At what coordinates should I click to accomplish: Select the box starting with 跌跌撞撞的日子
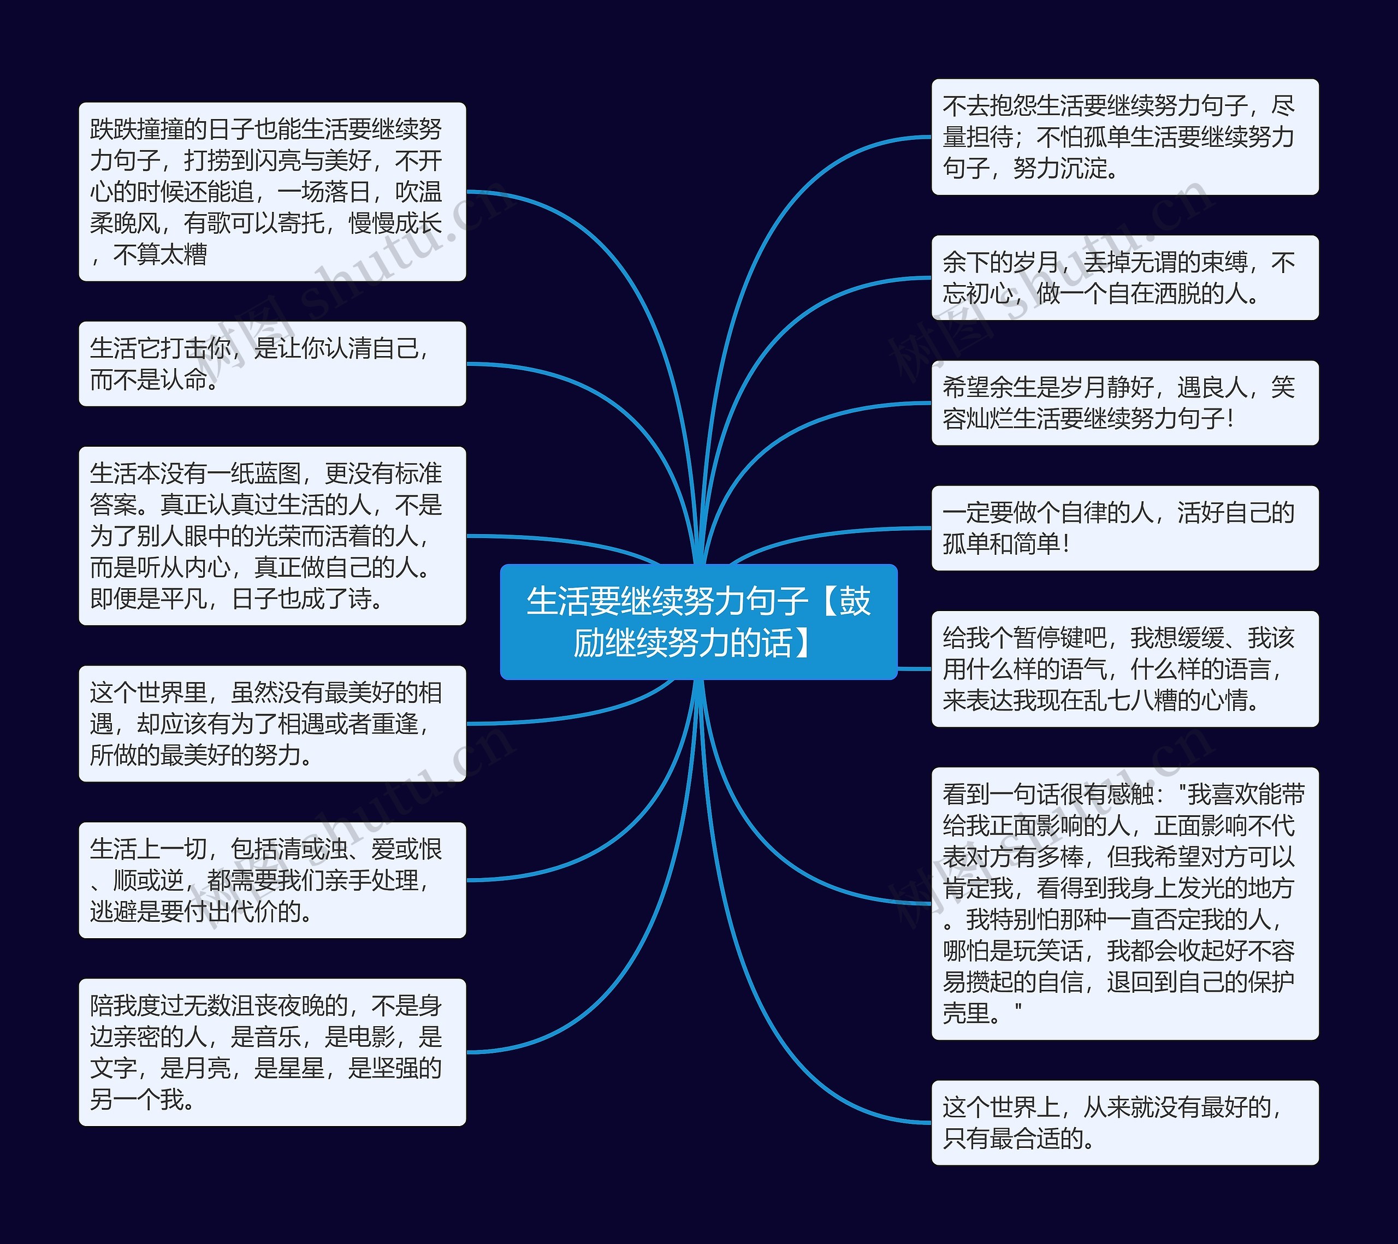272,192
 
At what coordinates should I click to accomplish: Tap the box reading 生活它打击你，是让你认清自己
272,364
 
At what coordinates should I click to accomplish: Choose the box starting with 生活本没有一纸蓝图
272,536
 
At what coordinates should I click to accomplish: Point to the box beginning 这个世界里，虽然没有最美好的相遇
272,724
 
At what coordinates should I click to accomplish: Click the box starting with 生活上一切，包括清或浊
272,880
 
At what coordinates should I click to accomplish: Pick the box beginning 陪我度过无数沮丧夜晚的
272,1052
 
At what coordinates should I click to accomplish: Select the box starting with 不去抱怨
1124,137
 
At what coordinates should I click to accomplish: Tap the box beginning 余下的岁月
1124,277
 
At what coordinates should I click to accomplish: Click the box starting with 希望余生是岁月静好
1124,403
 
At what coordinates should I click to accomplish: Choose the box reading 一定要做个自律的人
1124,528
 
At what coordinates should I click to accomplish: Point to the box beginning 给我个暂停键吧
1124,669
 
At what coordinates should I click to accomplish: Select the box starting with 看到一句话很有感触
1124,903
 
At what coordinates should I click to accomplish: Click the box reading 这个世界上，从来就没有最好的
1124,1122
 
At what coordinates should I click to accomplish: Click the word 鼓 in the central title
855,601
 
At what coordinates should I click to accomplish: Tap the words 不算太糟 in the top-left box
160,254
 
